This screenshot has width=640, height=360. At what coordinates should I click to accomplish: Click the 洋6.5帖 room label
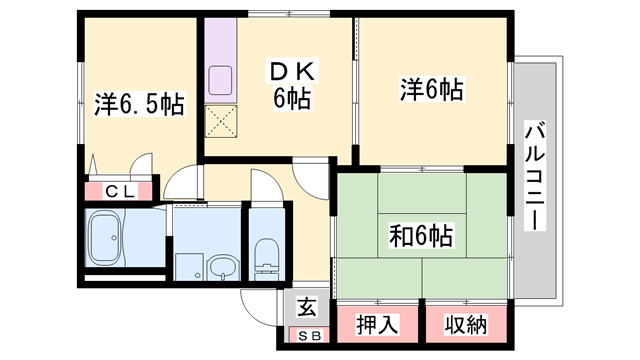click(x=139, y=104)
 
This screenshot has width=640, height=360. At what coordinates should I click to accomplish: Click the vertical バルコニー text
click(x=536, y=176)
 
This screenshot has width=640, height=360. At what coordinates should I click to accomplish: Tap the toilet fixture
click(x=266, y=256)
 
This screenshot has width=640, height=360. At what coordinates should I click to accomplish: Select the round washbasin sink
click(x=223, y=266)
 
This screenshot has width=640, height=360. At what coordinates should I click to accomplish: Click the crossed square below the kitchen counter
click(x=220, y=124)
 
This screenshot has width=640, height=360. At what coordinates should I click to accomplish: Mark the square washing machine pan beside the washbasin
click(x=188, y=266)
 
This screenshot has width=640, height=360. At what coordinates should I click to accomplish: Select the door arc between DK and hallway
click(x=311, y=180)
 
